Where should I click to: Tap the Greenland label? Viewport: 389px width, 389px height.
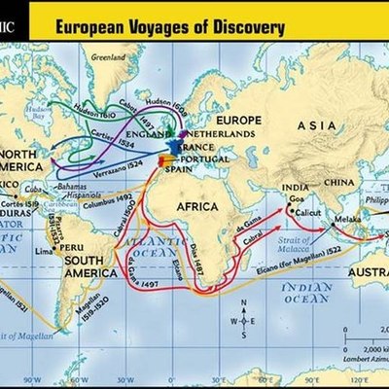click(108, 57)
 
